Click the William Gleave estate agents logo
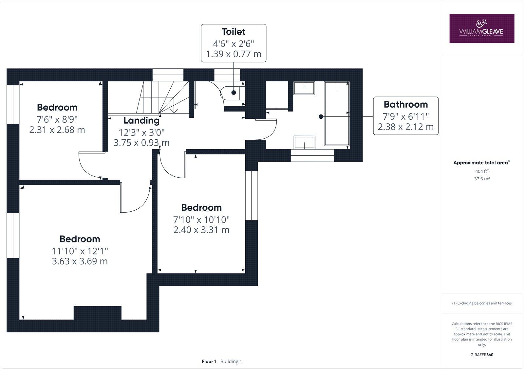pos(481,28)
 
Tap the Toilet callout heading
pos(233,32)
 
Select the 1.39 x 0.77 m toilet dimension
pos(233,54)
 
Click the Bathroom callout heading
pos(405,105)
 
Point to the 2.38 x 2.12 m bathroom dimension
pos(405,127)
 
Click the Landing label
pos(141,121)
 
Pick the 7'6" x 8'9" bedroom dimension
pos(57,119)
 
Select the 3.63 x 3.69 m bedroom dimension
pos(80,261)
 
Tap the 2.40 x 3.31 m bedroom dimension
pos(201,230)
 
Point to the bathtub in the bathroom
pos(336,114)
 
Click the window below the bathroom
pos(312,155)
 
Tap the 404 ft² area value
pos(482,171)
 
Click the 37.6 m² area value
pos(482,179)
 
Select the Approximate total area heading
pos(482,163)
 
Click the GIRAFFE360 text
pos(482,355)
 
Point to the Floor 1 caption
pos(209,361)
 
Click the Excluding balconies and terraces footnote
pos(482,303)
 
